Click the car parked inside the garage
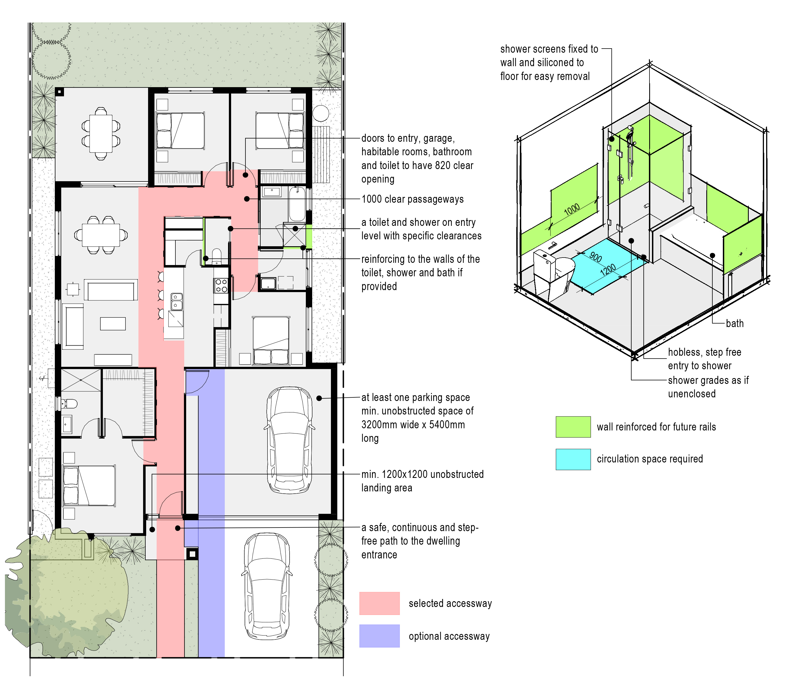[x=289, y=440]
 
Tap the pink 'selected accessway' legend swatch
[x=379, y=603]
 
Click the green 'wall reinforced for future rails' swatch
[x=573, y=427]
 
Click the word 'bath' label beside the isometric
[x=734, y=323]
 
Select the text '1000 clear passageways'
[x=413, y=199]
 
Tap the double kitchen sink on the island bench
[x=176, y=301]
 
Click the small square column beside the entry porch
[x=192, y=553]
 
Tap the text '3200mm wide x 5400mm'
[x=413, y=425]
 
